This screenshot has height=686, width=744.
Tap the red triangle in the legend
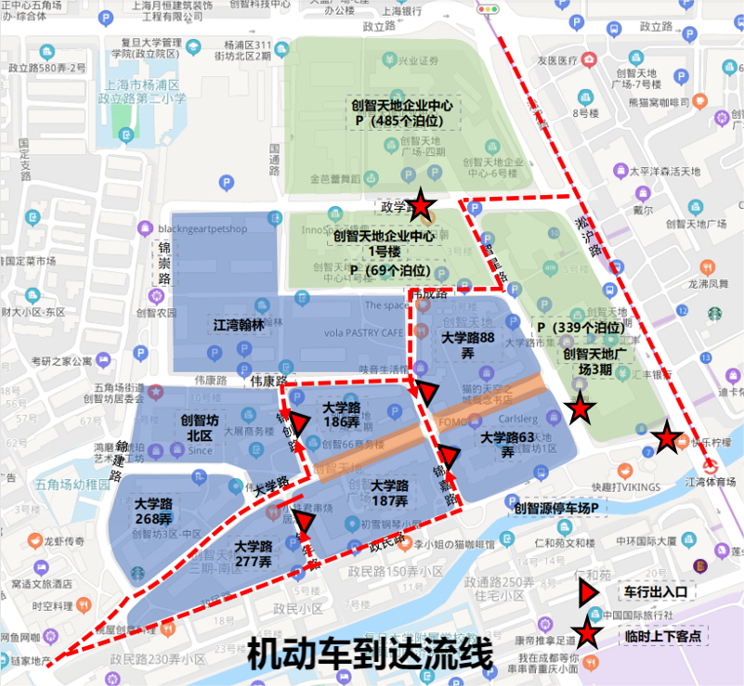(x=587, y=591)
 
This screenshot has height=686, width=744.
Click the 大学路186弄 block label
(x=342, y=415)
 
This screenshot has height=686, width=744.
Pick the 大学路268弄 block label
(x=153, y=511)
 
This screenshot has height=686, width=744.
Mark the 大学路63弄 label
(x=507, y=445)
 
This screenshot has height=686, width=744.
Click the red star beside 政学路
(x=421, y=206)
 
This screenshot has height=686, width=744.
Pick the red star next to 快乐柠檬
(x=665, y=438)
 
